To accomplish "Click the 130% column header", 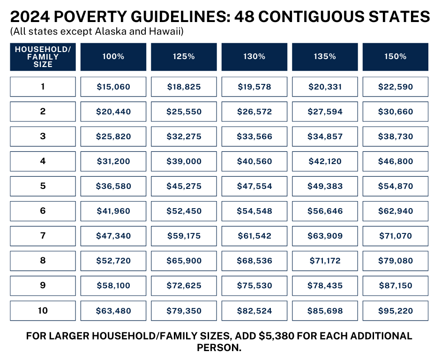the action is [x=254, y=57].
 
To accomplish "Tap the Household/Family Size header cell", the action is [x=43, y=57].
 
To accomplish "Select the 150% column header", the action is [x=396, y=57].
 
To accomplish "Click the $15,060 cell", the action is [x=113, y=87].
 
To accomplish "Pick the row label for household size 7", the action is [x=43, y=236].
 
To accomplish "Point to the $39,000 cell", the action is [x=184, y=161].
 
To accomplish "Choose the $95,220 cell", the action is [x=396, y=311].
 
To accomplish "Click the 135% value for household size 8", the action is [x=325, y=261].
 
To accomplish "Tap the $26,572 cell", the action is [x=254, y=112].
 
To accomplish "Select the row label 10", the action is [x=43, y=311].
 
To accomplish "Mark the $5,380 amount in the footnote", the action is [x=276, y=336].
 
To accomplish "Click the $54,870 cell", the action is [x=396, y=186].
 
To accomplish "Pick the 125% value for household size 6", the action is [x=184, y=211].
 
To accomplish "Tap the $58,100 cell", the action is [x=113, y=286].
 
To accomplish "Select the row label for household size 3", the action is [x=43, y=136].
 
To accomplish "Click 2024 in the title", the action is [x=30, y=16].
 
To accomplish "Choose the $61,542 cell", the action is [x=254, y=236].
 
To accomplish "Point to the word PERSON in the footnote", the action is [x=217, y=348].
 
